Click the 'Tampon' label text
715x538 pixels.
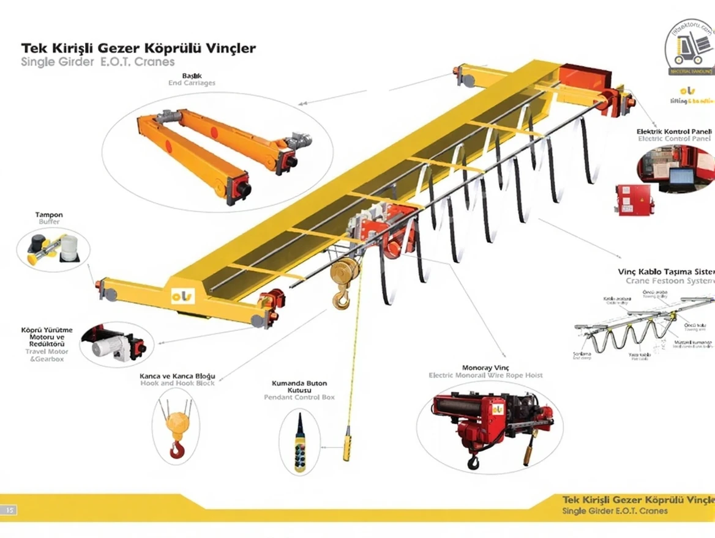49,215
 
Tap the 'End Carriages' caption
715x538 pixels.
192,83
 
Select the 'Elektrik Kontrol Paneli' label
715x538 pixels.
673,131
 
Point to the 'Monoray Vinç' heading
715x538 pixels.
485,368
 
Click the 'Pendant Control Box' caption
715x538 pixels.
299,397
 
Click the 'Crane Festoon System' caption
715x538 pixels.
670,281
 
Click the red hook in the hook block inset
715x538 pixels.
176,451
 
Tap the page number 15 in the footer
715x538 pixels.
10,509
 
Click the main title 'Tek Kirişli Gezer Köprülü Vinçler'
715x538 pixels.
138,48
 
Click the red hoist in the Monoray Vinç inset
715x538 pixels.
484,422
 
